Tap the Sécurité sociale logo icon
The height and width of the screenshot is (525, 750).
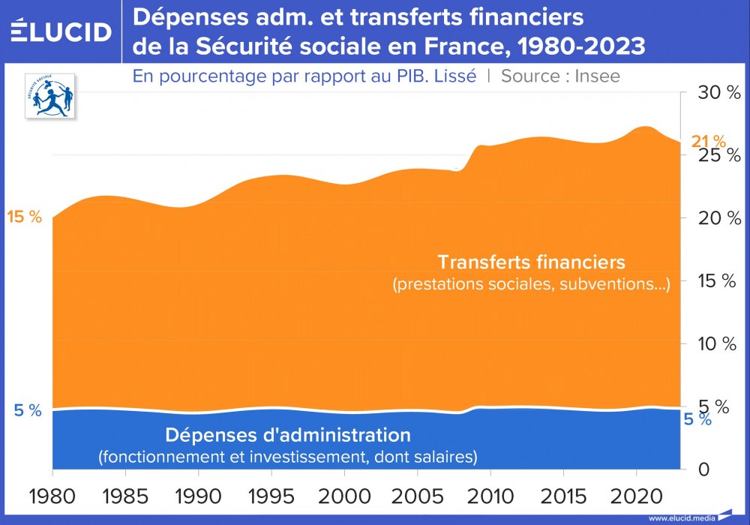coord(52,95)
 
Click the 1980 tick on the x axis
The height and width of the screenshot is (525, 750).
coord(52,496)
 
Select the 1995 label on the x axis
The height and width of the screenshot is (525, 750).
coord(271,496)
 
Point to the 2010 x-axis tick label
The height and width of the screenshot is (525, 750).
coord(490,496)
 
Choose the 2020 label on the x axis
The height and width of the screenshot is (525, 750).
coord(635,496)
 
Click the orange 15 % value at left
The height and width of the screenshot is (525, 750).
coord(24,217)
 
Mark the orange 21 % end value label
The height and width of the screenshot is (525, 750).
coord(708,141)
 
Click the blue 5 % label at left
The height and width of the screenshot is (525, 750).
coord(27,410)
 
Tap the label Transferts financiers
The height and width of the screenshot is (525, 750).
coord(531,262)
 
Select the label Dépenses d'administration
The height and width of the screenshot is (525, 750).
coord(288,435)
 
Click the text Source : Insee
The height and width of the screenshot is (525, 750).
coord(560,76)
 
